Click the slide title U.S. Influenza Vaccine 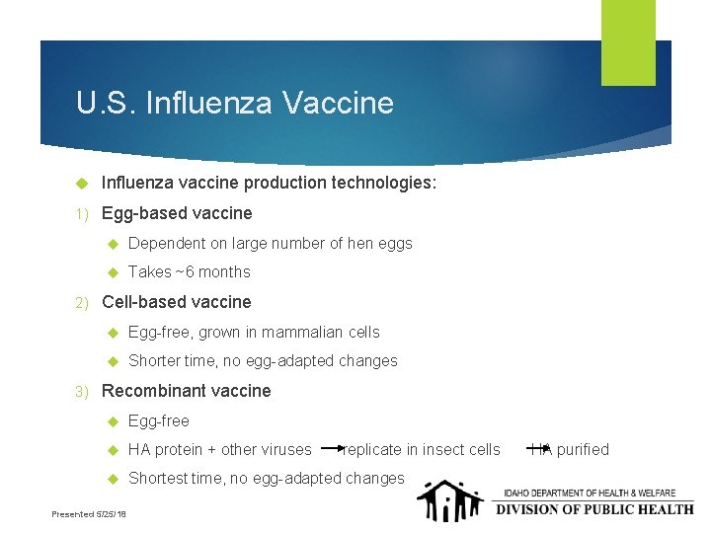tap(234, 103)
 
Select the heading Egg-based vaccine tap(177, 213)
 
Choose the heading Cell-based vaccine tap(177, 302)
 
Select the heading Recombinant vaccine tap(186, 391)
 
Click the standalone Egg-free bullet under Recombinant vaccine tap(158, 420)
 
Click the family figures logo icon tap(449, 500)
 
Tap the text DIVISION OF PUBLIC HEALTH tap(593, 509)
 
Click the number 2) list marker tap(83, 302)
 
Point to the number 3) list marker tap(83, 391)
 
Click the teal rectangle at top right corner tap(628, 41)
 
